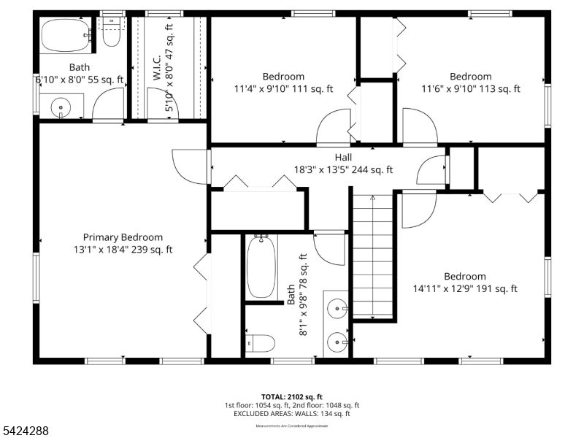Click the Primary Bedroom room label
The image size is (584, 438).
tap(123, 237)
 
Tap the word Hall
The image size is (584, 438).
tap(343, 158)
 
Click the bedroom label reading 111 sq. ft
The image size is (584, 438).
tap(283, 77)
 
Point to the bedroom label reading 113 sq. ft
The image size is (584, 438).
tap(470, 77)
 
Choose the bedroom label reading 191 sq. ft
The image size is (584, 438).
tap(464, 277)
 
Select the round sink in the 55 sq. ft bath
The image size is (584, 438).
tap(61, 108)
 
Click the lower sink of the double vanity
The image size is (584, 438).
tap(337, 340)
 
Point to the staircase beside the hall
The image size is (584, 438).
tap(373, 255)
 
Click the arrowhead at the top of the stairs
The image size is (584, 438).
tap(373, 197)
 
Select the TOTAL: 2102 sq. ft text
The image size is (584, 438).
tap(291, 395)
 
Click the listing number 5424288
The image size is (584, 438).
tap(26, 431)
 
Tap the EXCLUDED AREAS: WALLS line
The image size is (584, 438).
tap(291, 414)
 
